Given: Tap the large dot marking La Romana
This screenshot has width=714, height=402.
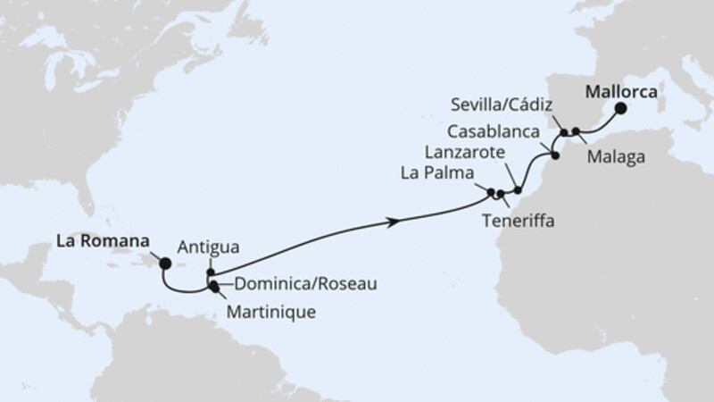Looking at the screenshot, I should [164, 263].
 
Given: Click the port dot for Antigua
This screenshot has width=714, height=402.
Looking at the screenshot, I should [212, 272].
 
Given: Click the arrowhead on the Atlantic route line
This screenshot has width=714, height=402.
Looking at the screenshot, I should [392, 222].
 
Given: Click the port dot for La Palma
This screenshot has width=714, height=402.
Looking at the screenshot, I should [491, 190].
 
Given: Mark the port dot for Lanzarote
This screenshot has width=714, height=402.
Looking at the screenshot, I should [518, 190].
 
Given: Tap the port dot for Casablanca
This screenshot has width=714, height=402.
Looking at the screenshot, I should [555, 156].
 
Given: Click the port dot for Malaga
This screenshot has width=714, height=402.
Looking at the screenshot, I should [577, 132].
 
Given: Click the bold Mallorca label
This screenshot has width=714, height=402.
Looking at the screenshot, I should [622, 92].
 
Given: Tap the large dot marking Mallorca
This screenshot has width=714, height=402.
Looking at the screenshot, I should [620, 110].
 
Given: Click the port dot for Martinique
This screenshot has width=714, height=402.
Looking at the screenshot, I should [213, 287].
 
